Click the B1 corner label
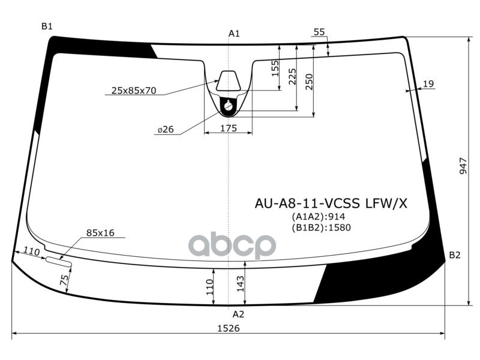tap(47, 26)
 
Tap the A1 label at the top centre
tap(234, 34)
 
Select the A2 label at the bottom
tap(238, 314)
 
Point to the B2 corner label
tap(455, 255)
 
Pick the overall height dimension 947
tap(463, 166)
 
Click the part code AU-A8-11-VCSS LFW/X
tap(331, 204)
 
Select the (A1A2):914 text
tap(319, 217)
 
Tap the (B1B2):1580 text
tap(321, 227)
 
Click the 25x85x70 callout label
tap(134, 91)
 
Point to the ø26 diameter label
tap(166, 130)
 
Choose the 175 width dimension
tap(229, 128)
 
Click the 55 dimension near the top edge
tap(319, 32)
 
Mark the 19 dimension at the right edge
tap(428, 84)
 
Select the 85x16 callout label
tap(100, 233)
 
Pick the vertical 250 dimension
tap(309, 81)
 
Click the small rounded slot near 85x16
tap(59, 261)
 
